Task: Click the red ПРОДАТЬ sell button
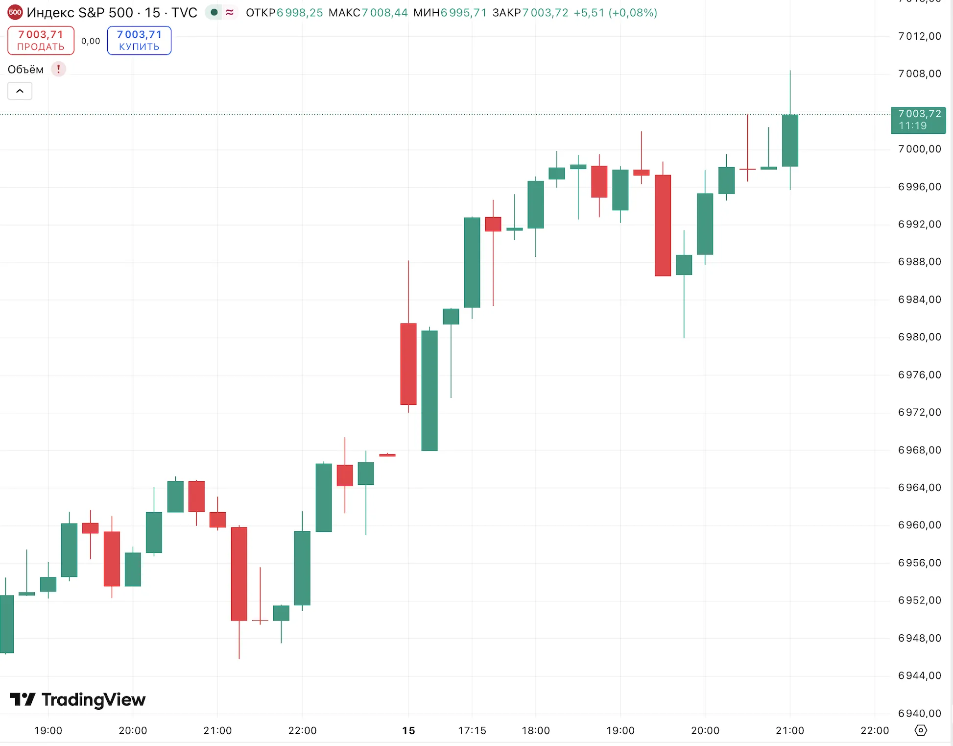(41, 40)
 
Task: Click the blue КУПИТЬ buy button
(139, 40)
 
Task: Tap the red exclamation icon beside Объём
(58, 69)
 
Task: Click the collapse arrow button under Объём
(20, 91)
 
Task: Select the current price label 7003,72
(918, 120)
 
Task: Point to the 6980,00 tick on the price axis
(919, 337)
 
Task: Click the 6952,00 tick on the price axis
(919, 600)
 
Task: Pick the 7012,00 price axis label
(919, 36)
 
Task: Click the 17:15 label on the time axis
(472, 731)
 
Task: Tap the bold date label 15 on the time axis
(408, 731)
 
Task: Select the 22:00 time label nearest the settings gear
(874, 731)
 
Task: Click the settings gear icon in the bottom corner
(921, 730)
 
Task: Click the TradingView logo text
(93, 700)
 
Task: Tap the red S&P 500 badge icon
(15, 12)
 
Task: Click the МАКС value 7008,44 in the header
(384, 13)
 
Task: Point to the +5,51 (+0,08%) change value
(615, 13)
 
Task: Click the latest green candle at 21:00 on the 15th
(790, 141)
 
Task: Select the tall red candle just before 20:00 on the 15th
(663, 225)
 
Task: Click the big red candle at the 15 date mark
(408, 364)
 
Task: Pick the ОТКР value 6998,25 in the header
(300, 13)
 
